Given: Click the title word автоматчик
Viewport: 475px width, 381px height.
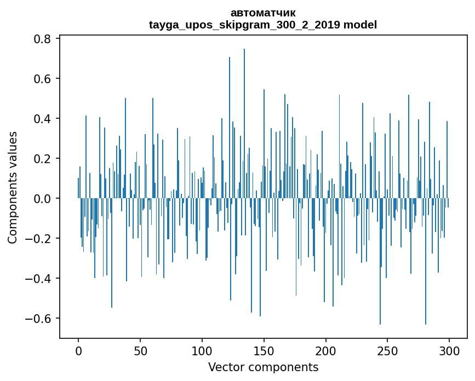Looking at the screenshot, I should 263,13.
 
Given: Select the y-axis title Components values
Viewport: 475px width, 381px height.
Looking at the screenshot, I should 13,187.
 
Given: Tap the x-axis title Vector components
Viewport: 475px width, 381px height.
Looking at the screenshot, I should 263,367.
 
